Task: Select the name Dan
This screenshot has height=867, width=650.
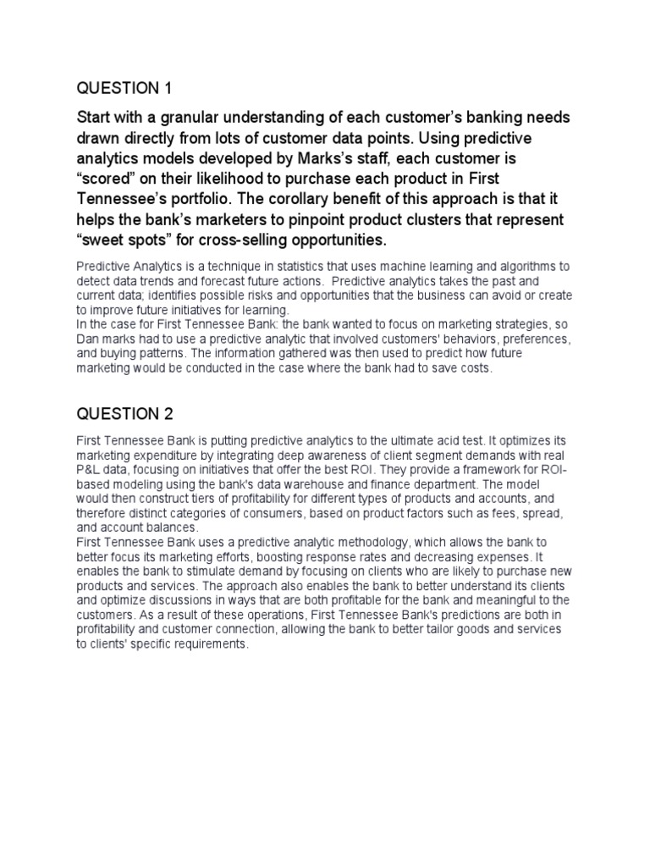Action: (x=88, y=338)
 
